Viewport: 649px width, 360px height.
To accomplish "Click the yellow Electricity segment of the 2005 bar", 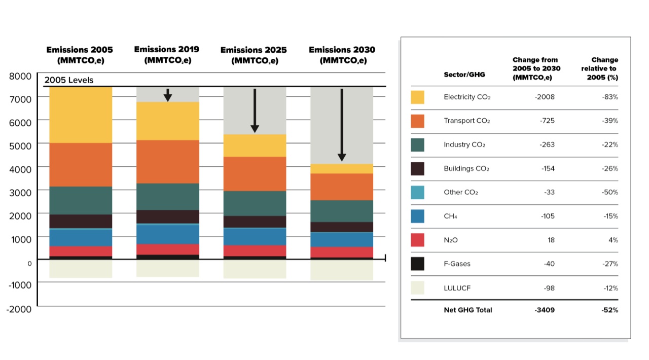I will (80, 115).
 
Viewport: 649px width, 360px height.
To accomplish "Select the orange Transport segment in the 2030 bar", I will (342, 187).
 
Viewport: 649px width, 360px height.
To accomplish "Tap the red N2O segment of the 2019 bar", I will (167, 249).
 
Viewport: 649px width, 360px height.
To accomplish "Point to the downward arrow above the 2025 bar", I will (255, 111).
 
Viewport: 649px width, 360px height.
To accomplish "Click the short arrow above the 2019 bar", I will (168, 95).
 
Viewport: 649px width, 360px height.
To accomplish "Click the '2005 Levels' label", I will (69, 80).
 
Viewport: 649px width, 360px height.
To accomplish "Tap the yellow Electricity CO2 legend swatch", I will (417, 97).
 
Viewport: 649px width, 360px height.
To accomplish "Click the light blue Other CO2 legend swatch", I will (417, 192).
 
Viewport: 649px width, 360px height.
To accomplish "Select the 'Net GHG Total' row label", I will (467, 310).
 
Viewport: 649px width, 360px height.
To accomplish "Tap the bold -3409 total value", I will (544, 310).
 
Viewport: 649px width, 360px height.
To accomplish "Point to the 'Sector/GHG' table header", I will (464, 75).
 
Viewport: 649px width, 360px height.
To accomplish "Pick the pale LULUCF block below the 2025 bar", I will (255, 269).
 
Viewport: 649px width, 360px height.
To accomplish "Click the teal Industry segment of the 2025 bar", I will (255, 203).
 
